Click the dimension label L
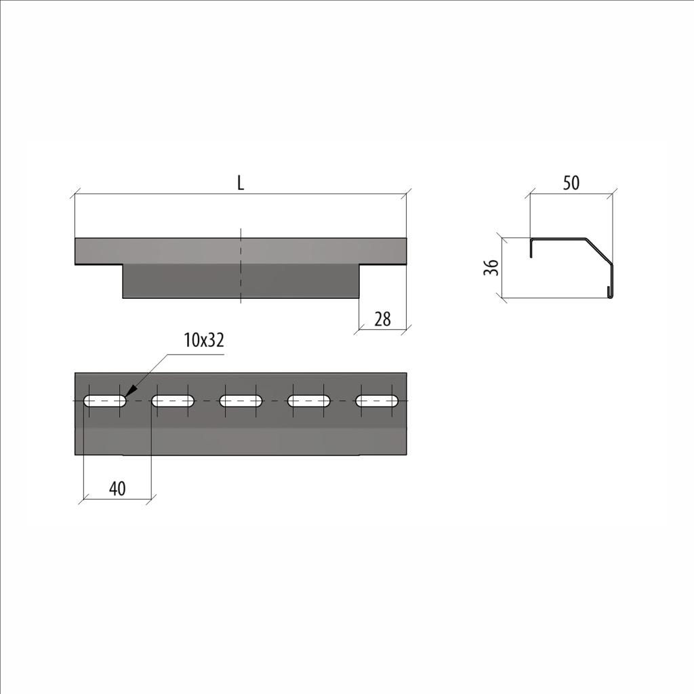coord(241,183)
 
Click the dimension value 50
coord(571,183)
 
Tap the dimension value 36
coord(491,268)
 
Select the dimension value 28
coord(382,319)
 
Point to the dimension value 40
coord(117,489)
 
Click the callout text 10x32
coord(204,340)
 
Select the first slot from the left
coord(105,401)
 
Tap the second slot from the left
coord(173,401)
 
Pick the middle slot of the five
coord(241,401)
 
